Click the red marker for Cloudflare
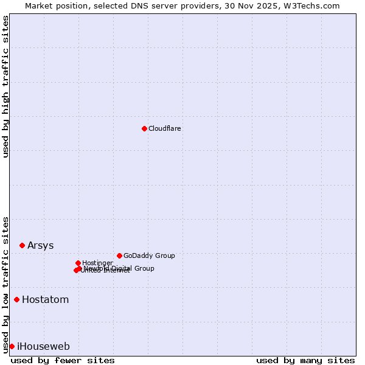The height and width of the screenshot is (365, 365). click(x=144, y=128)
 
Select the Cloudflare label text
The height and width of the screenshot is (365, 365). click(x=165, y=129)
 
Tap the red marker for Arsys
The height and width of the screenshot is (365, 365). click(x=22, y=245)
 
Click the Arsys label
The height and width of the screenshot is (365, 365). click(x=41, y=246)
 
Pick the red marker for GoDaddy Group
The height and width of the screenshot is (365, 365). click(x=119, y=255)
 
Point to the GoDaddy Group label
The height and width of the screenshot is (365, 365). click(x=149, y=256)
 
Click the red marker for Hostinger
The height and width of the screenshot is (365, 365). click(x=78, y=263)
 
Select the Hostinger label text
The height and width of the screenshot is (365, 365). click(x=98, y=263)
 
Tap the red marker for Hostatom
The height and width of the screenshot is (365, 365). click(x=16, y=299)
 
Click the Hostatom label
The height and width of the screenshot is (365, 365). click(x=46, y=300)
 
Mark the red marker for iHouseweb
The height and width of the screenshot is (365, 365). click(x=12, y=346)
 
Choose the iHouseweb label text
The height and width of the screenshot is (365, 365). click(x=43, y=347)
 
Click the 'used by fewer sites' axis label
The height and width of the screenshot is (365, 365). click(x=63, y=360)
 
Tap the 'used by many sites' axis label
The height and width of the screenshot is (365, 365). click(x=305, y=360)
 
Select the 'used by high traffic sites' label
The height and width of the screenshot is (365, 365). click(x=6, y=86)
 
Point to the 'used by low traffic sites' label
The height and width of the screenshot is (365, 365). click(x=6, y=284)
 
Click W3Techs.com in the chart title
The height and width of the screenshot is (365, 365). click(x=311, y=5)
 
